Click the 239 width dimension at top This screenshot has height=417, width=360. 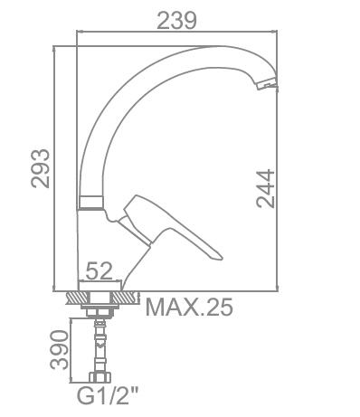tap(176, 21)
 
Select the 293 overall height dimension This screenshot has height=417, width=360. tap(40, 168)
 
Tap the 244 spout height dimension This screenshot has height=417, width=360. tap(266, 189)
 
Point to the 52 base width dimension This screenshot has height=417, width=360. tap(99, 270)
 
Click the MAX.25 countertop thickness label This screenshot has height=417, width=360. tap(189, 308)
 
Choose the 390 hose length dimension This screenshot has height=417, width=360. tap(59, 350)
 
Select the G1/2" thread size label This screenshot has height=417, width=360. tap(108, 395)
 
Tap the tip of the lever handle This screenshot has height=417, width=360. tap(220, 258)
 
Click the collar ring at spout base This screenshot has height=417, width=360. tap(91, 202)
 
